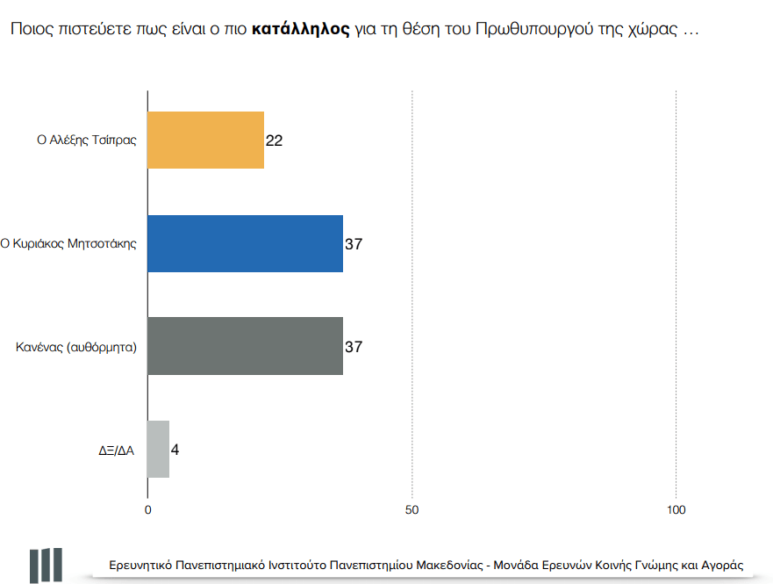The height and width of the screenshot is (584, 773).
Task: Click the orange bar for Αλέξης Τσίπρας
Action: (205, 140)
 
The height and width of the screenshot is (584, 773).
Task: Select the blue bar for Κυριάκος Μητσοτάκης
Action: (245, 243)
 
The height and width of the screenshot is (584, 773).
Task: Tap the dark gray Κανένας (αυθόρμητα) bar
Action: (245, 346)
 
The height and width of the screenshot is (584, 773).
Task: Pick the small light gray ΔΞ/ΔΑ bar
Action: (158, 450)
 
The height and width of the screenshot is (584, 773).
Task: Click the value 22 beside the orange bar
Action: (274, 141)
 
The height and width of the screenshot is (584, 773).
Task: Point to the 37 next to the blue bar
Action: (353, 244)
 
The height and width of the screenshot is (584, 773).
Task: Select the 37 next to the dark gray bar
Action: (353, 347)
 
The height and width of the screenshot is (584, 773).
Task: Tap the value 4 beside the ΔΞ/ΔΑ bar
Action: (175, 451)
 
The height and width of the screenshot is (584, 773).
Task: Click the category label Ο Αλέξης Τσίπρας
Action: (87, 141)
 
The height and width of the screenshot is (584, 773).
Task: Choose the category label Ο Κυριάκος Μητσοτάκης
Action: (68, 244)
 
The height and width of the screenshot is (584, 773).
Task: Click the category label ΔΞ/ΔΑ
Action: (116, 451)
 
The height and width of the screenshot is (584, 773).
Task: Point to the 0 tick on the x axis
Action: (147, 510)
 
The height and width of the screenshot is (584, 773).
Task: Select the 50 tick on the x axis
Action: (412, 510)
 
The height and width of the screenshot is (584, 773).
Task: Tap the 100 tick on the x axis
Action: (676, 510)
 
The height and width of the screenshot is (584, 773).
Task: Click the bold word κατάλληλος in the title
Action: (300, 29)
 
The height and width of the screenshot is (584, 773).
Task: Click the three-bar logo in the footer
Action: (46, 565)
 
